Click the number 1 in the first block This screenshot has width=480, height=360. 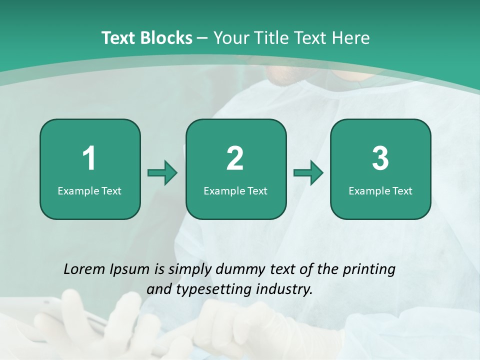pos(89,158)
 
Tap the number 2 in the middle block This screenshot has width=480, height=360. pos(235,158)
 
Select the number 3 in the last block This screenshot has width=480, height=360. pos(380,158)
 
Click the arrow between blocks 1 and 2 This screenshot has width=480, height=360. pos(162,173)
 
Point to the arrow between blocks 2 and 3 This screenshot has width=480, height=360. pos(308,173)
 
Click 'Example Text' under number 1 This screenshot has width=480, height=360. pos(89,190)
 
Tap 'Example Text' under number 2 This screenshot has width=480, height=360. pos(235,190)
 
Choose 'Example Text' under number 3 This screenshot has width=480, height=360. pos(380,190)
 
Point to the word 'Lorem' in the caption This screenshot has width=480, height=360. pos(85,269)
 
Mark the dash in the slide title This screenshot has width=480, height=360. pos(202,38)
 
